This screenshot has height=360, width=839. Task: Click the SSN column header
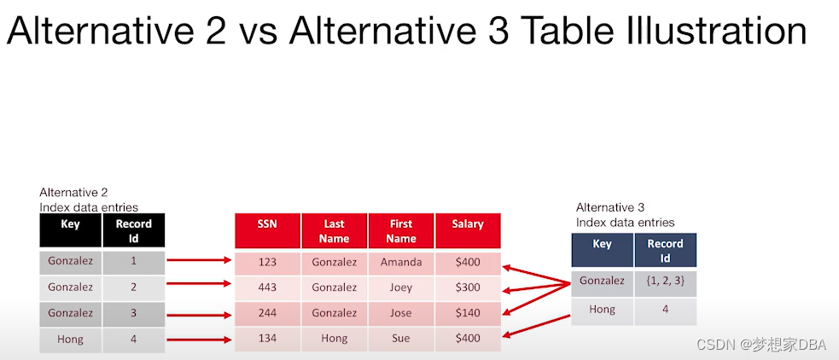pos(267,230)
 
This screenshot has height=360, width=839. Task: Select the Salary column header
pos(468,230)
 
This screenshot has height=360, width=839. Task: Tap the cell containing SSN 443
pos(267,287)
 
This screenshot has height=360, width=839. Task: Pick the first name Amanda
pos(401,262)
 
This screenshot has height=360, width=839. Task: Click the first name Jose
pos(401,313)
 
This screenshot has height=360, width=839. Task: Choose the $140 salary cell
pos(468,313)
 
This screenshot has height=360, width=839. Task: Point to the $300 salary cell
pos(468,287)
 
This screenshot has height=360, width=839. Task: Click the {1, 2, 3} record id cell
pos(665,281)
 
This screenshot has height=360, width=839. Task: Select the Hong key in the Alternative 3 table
pos(602,310)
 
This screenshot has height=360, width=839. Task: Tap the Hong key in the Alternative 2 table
pos(70,339)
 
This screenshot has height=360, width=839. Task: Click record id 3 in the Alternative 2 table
pos(134,313)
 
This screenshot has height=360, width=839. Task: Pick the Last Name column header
pos(335,230)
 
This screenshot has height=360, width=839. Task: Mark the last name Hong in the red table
pos(335,339)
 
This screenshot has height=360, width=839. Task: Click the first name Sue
pos(401,339)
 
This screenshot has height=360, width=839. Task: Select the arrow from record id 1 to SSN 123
pos(199,260)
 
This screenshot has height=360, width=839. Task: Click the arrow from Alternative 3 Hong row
pos(536,326)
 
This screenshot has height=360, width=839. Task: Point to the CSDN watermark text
pos(761,345)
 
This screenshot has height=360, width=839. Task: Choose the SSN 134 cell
pos(267,339)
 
